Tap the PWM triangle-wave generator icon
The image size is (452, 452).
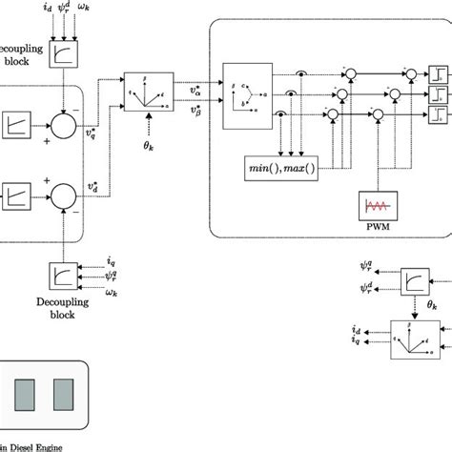coord(374,207)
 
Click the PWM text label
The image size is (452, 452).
coord(374,228)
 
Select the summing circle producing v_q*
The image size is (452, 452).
coord(66,123)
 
